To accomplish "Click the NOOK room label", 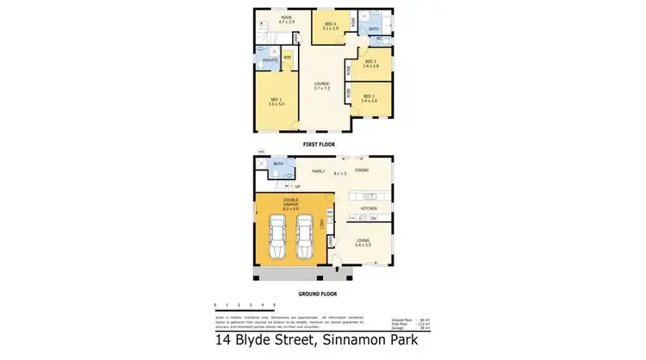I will pos(275,16).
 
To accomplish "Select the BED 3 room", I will pos(371,63).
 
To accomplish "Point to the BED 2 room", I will pos(369,98).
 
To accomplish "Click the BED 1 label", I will pos(276,102).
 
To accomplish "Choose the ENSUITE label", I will pos(270,59).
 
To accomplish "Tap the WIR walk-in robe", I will pos(287,59).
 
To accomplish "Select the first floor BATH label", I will pos(373,28).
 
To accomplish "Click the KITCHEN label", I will pos(370,208).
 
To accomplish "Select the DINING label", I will pos(361,171).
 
